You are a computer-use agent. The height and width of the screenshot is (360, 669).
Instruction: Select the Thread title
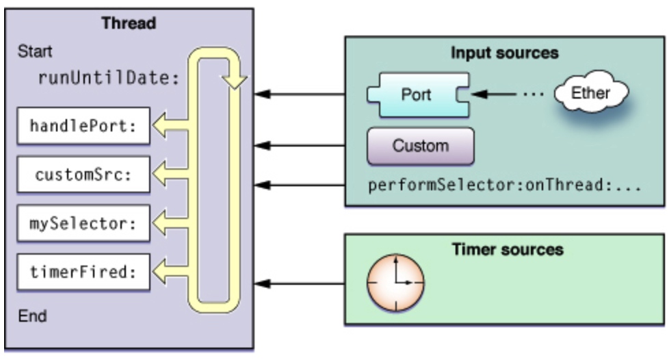tap(129, 23)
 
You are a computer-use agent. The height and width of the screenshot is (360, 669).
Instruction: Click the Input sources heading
tap(505, 53)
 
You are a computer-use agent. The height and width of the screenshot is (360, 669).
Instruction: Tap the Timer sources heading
tap(508, 249)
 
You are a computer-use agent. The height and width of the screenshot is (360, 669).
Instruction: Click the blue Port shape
tap(417, 94)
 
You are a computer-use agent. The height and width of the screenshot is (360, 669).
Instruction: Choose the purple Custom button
tap(420, 146)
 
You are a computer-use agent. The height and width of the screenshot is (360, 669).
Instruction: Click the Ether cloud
tap(590, 93)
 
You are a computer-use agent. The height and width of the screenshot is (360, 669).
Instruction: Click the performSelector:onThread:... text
tap(504, 185)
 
